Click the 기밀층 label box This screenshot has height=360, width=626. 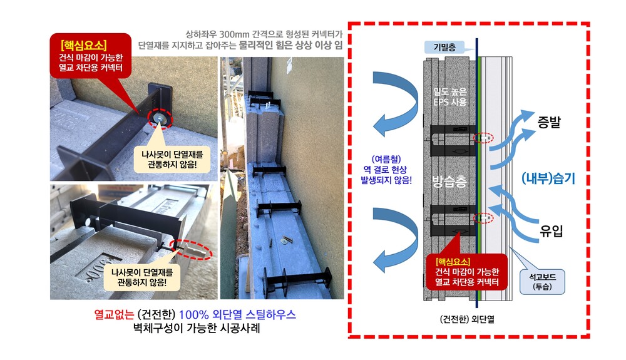(444, 48)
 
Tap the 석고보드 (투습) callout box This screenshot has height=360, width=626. (542, 282)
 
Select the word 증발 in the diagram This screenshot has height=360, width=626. (549, 121)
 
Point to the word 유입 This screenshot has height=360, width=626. (551, 230)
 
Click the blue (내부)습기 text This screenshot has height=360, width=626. (548, 178)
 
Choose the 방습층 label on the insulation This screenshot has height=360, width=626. (449, 182)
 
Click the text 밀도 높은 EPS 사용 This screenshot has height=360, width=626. (450, 96)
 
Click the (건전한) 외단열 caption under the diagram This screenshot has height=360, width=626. (467, 319)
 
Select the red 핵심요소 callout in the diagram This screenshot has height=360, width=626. (467, 272)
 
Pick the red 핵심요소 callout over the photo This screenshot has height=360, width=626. (91, 56)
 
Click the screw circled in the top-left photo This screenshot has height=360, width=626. (160, 118)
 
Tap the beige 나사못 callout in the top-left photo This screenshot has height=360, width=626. (172, 159)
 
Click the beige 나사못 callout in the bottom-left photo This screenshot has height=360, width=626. (141, 277)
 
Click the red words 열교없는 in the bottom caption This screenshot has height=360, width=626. (114, 314)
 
